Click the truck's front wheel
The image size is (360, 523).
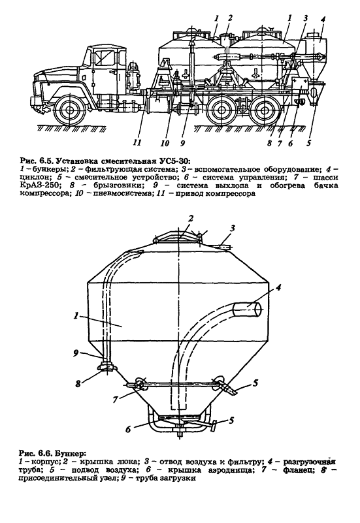(69, 110)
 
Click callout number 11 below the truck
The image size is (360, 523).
(137, 142)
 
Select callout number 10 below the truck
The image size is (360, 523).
(165, 143)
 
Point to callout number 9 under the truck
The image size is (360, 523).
(182, 143)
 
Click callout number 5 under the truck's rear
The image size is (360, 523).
(308, 143)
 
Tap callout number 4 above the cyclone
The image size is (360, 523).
(322, 19)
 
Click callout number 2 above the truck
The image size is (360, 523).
(229, 18)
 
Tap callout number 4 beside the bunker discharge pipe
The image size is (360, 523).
(278, 287)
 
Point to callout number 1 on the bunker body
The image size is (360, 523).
(76, 315)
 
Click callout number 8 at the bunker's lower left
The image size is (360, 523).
(78, 383)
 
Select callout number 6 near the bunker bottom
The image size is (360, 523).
(128, 429)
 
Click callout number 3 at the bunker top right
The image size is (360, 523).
(233, 229)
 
